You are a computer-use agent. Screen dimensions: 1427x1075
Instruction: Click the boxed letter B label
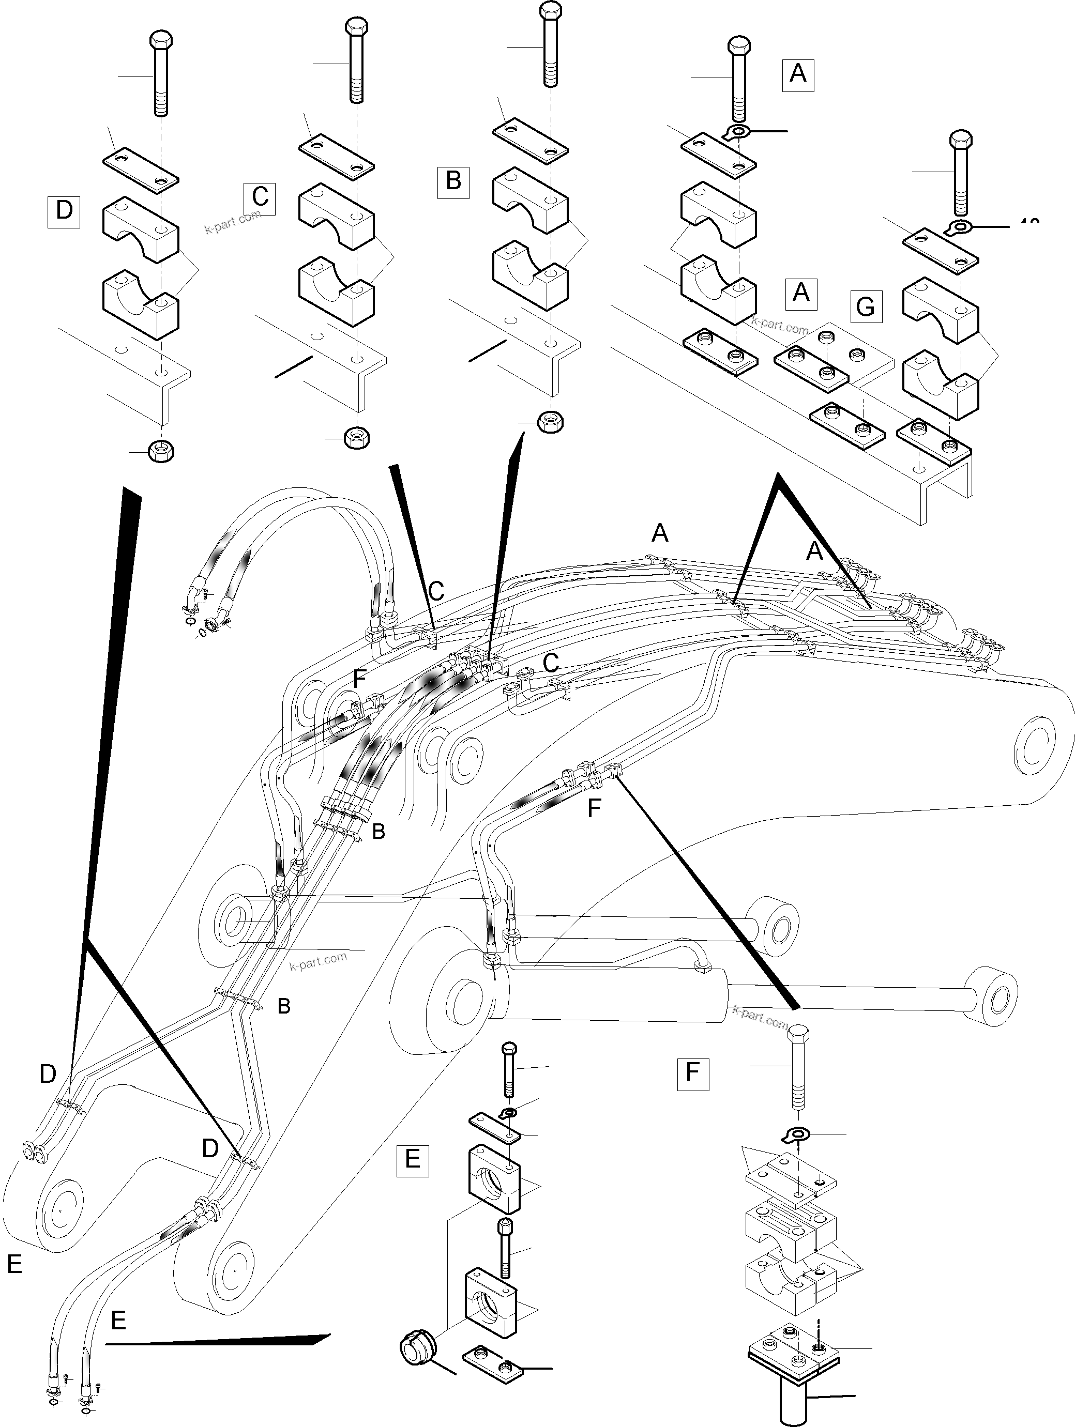coord(453,181)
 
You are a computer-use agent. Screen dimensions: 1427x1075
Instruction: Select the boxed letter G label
coord(865,306)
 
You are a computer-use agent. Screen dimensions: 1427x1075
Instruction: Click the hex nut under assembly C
coord(356,437)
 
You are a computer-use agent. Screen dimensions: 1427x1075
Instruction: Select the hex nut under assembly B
coord(550,422)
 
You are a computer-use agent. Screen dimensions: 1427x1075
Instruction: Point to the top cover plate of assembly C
coord(336,158)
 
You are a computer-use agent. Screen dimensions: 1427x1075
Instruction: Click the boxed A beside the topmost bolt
coord(797,74)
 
